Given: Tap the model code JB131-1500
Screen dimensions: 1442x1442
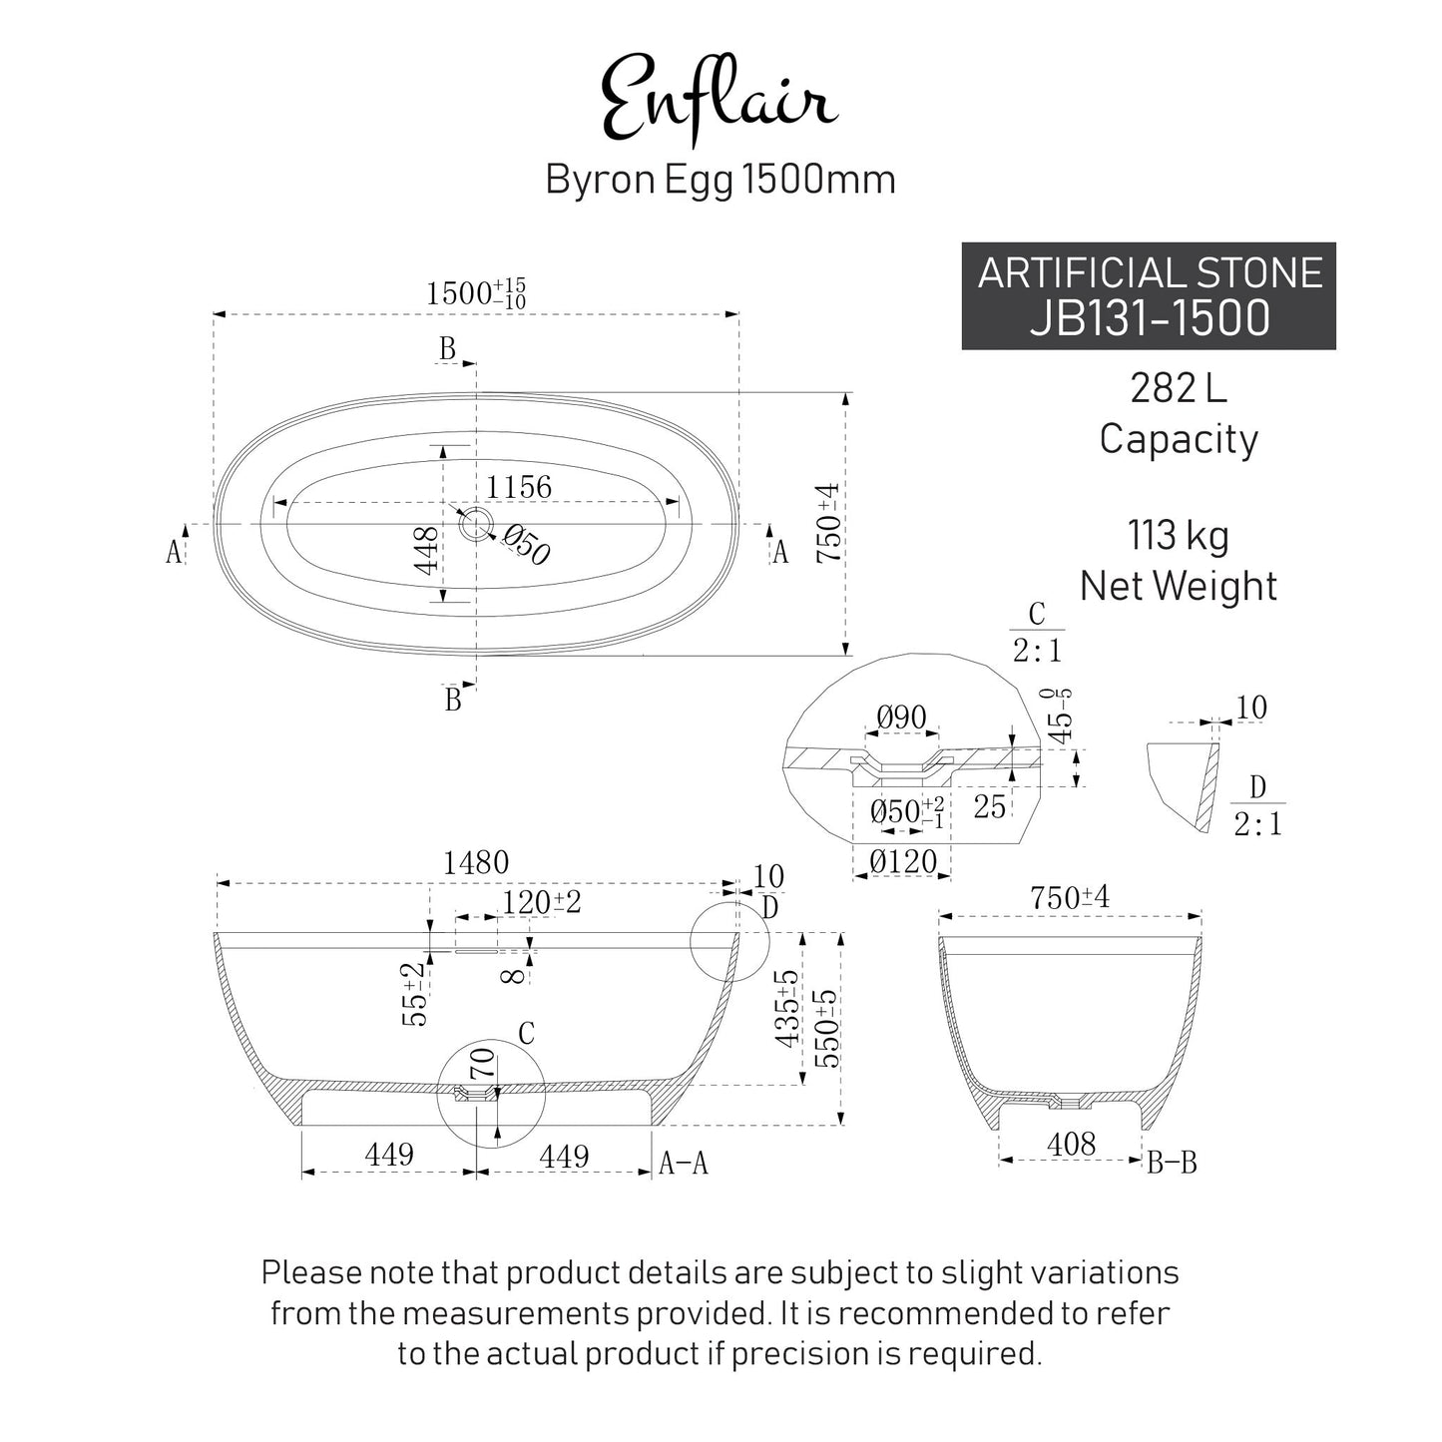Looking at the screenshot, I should click(x=1150, y=317).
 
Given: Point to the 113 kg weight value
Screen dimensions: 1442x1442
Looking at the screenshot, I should click(x=1178, y=536).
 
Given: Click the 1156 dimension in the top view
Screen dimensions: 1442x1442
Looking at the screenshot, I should click(x=519, y=487).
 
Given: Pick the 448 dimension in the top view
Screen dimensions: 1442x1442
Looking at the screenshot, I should click(x=426, y=551).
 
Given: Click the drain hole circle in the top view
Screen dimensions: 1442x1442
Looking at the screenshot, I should click(x=474, y=523).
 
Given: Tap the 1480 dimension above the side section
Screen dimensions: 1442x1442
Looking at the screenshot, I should click(x=476, y=862).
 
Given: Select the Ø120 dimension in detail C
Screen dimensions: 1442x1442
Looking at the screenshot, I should click(x=902, y=861).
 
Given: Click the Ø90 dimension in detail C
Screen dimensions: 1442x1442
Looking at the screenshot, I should click(x=901, y=717).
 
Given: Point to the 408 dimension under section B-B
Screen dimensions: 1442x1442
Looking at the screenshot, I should click(x=1071, y=1144).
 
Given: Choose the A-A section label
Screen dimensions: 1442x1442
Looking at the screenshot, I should click(x=684, y=1163).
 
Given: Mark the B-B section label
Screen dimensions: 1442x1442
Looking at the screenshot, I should click(x=1172, y=1163).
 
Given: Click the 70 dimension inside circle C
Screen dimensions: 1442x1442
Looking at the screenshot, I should click(x=483, y=1063).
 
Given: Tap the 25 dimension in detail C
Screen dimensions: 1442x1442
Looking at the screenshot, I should click(x=989, y=806).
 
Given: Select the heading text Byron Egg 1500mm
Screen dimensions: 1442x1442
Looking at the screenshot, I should click(x=720, y=180).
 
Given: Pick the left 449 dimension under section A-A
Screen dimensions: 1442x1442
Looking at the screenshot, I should click(x=389, y=1155).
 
